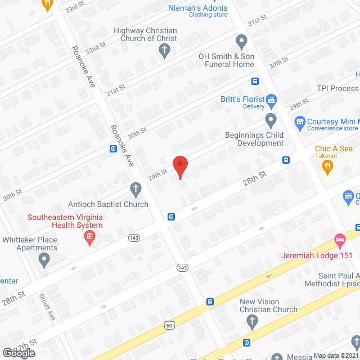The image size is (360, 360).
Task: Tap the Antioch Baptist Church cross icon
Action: pos(135,188)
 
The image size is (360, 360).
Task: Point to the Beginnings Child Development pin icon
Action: pos(271,120)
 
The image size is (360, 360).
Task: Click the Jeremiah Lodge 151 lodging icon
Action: pos(339,240)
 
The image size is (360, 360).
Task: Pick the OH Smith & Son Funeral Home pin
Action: pos(242,41)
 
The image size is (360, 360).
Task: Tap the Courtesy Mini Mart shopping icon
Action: pos(300,121)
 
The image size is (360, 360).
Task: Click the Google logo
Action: pos(18,353)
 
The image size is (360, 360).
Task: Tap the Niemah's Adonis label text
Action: pos(198,8)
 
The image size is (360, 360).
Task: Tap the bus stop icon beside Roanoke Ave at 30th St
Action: pos(113,149)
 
